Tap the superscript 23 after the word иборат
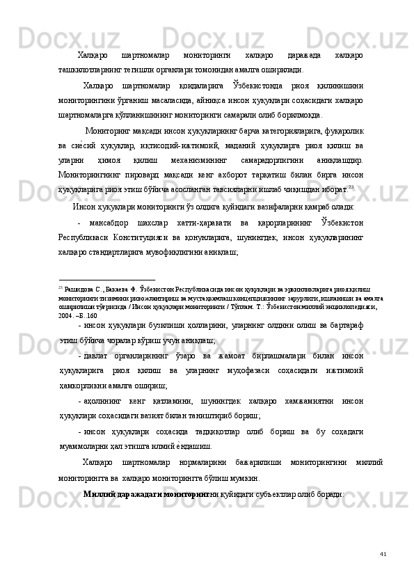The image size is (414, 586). (353, 185)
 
